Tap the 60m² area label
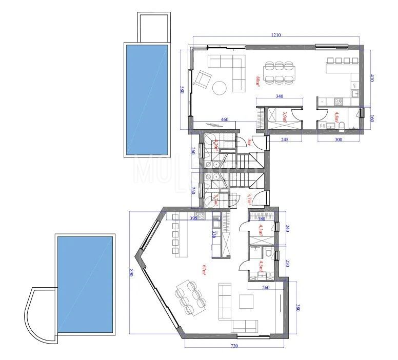[258, 82]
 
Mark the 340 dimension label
[280, 96]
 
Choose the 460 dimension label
[225, 119]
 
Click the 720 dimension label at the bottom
[234, 347]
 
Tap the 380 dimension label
[298, 308]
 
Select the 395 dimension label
[193, 218]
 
